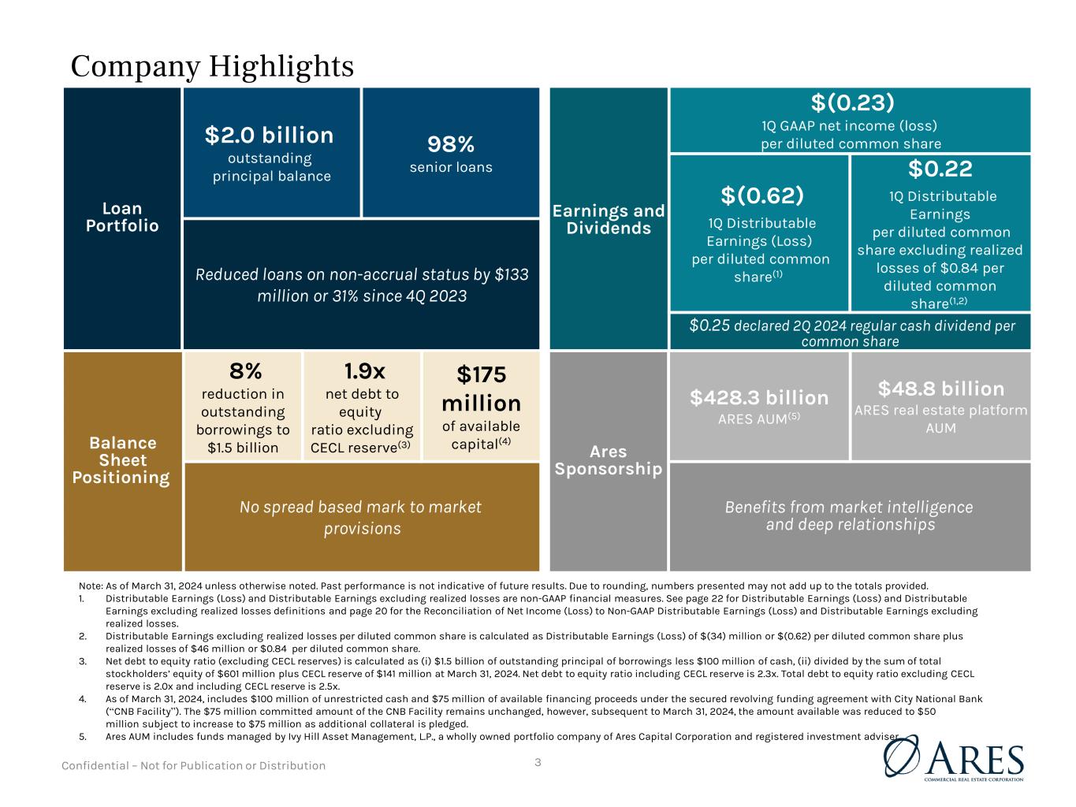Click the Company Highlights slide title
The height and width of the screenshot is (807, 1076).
(212, 67)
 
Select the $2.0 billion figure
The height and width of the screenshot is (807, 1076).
(269, 136)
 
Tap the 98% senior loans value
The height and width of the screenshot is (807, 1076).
(450, 144)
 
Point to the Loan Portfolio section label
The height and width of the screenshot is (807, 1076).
(122, 217)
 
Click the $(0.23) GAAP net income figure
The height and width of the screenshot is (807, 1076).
(852, 102)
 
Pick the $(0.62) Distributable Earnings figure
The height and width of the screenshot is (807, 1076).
(762, 195)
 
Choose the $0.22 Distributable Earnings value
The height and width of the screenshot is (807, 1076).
(940, 169)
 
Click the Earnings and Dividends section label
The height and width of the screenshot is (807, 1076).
(609, 219)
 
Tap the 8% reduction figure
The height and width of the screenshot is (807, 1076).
(246, 371)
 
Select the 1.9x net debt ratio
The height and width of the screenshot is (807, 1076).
(364, 371)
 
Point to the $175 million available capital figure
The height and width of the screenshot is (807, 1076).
(481, 389)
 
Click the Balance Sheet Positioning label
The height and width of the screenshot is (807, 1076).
(122, 459)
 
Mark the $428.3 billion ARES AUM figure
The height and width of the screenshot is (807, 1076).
(759, 397)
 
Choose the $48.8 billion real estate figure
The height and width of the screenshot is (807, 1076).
(940, 389)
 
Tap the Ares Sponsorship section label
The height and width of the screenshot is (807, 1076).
(609, 459)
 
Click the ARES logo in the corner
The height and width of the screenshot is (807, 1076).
(954, 758)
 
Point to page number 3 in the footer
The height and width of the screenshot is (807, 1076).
(538, 762)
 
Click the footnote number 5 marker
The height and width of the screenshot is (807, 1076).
(82, 736)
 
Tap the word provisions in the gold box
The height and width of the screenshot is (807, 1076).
(363, 529)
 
